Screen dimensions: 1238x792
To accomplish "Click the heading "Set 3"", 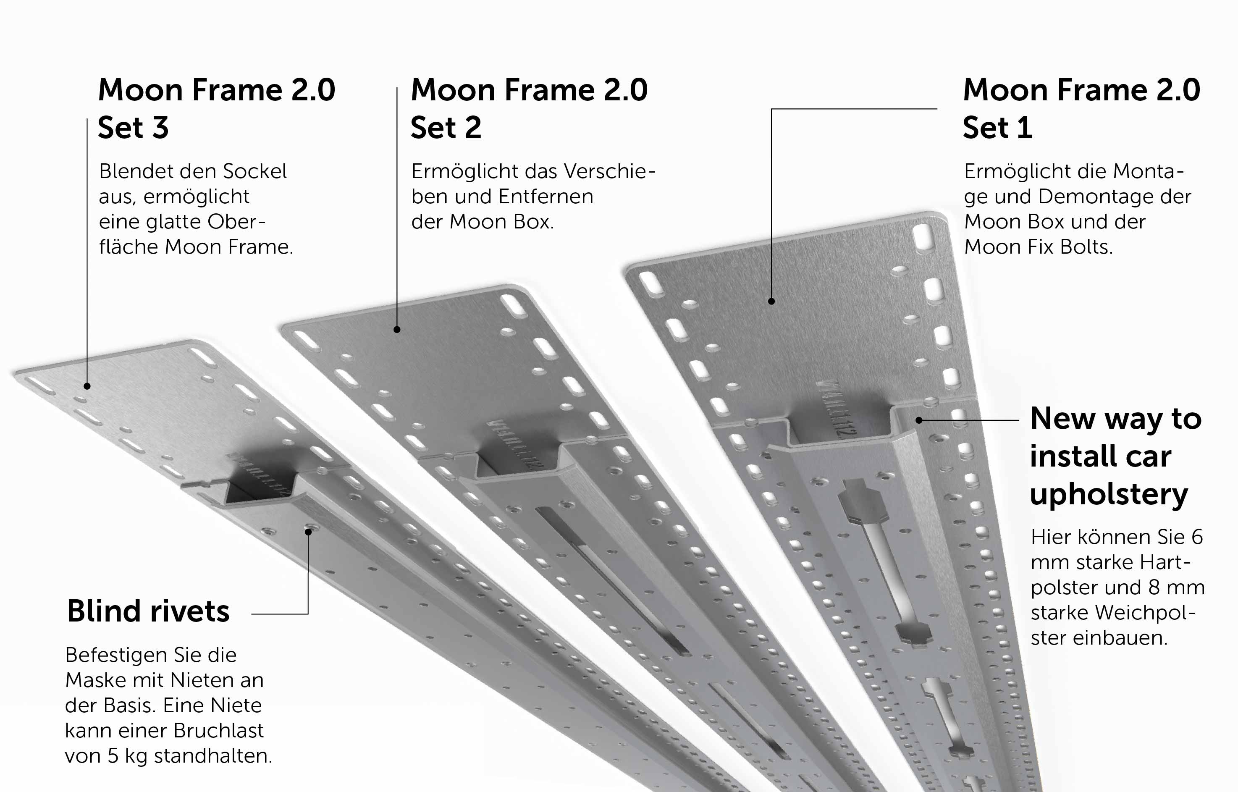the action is point(133,128).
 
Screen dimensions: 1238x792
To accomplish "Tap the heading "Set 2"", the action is point(446,128).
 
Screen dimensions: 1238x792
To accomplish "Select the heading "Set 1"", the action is point(997,128).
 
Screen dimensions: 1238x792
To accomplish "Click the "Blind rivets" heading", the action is point(148,611).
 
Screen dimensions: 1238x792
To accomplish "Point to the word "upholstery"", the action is point(1109,495).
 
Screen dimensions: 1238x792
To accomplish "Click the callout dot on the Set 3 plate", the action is point(87,386).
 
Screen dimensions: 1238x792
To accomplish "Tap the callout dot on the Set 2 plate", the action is point(397,329).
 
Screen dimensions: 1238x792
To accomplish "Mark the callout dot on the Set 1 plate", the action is point(771,301).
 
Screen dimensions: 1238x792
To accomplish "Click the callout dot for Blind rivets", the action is point(308,532).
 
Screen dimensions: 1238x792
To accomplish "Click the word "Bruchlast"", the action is point(219,730).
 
